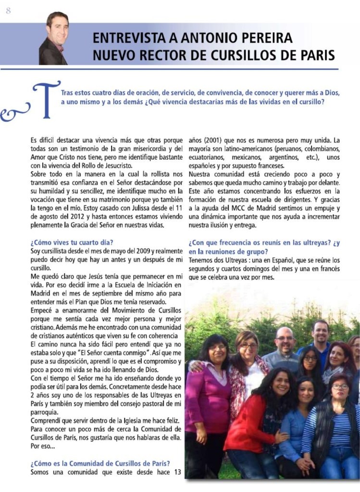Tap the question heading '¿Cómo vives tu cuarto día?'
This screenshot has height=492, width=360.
72,242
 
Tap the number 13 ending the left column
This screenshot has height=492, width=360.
176,472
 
